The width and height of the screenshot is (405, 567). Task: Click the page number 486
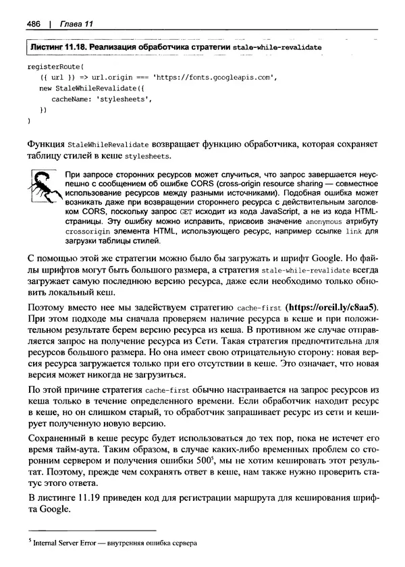click(x=34, y=25)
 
